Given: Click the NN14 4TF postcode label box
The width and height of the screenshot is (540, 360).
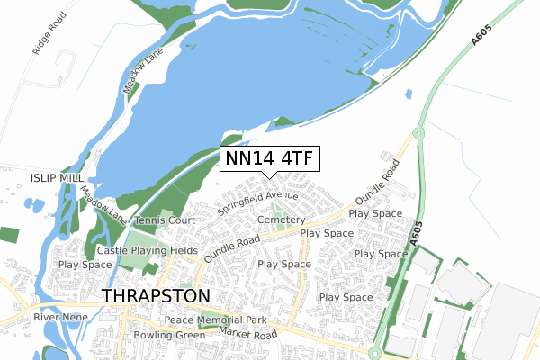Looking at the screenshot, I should click(269, 158).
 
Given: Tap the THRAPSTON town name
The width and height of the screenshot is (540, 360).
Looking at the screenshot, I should click(157, 295).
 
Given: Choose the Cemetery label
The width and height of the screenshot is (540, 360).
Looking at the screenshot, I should click(282, 220).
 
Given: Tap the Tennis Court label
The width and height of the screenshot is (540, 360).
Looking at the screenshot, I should click(165, 220).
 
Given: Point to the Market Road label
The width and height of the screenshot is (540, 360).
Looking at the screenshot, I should click(246, 334).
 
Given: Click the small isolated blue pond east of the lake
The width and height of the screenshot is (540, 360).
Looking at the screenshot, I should click(409, 94).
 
